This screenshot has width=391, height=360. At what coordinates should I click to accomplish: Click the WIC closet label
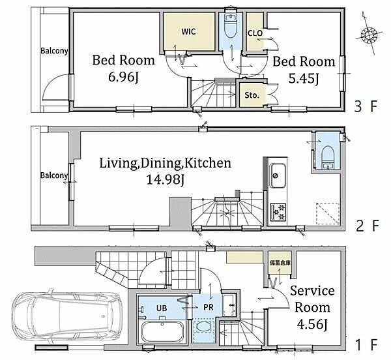pyautogui.click(x=188, y=31)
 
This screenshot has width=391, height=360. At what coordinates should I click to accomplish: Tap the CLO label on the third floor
pyautogui.click(x=255, y=33)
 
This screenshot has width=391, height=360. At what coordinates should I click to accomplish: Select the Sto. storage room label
pyautogui.click(x=252, y=95)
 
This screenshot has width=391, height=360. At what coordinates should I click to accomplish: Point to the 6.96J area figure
pyautogui.click(x=123, y=77)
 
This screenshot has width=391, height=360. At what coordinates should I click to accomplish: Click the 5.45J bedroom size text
pyautogui.click(x=303, y=78)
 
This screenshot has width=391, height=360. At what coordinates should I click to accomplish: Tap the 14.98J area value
pyautogui.click(x=165, y=179)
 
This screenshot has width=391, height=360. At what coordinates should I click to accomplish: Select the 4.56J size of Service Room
pyautogui.click(x=311, y=324)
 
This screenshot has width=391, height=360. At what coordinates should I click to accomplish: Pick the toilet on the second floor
pyautogui.click(x=327, y=157)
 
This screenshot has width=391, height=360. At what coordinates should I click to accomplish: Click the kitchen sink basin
pyautogui.click(x=277, y=175)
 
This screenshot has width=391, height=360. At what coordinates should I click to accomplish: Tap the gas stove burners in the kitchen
pyautogui.click(x=278, y=211)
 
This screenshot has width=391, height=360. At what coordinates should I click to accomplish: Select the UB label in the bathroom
pyautogui.click(x=162, y=308)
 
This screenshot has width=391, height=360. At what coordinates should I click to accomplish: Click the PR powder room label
pyautogui.click(x=209, y=307)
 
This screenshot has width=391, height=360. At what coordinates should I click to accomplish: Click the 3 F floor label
pyautogui.click(x=366, y=106)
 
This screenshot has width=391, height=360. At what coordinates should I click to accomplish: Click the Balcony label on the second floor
pyautogui.click(x=54, y=175)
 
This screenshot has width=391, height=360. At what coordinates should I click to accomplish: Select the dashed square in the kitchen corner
pyautogui.click(x=328, y=213)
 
